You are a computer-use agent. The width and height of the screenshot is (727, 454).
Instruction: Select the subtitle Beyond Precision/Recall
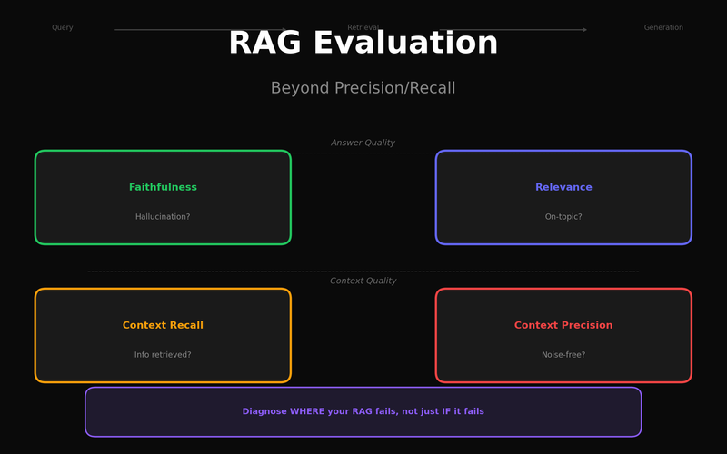pyautogui.click(x=363, y=88)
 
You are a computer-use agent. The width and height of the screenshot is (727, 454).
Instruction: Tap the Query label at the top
pyautogui.click(x=63, y=28)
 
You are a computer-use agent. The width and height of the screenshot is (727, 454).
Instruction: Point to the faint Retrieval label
pyautogui.click(x=363, y=27)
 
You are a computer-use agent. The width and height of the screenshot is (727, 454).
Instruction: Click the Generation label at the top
pyautogui.click(x=663, y=28)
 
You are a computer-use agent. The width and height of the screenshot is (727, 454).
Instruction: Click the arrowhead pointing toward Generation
pyautogui.click(x=584, y=30)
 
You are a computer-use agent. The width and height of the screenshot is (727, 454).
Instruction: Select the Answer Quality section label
pyautogui.click(x=363, y=143)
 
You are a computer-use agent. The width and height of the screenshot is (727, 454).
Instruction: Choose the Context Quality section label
pyautogui.click(x=363, y=281)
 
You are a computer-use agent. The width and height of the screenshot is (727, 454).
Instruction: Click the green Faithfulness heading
pyautogui.click(x=163, y=187)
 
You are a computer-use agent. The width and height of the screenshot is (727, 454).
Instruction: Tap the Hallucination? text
pyautogui.click(x=163, y=217)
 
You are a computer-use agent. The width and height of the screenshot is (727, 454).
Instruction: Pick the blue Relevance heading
pyautogui.click(x=563, y=187)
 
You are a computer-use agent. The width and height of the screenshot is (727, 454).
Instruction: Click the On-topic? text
pyautogui.click(x=563, y=217)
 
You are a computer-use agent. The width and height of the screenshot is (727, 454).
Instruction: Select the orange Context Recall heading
pyautogui.click(x=163, y=325)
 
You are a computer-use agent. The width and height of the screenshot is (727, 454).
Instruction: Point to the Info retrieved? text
pyautogui.click(x=163, y=355)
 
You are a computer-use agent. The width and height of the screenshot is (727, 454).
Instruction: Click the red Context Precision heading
pyautogui.click(x=563, y=325)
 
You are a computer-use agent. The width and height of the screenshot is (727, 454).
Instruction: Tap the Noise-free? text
pyautogui.click(x=563, y=355)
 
